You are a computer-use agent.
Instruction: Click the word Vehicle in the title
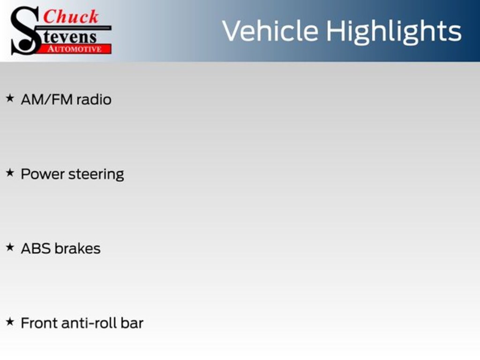tap(270, 30)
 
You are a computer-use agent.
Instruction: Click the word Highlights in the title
tap(394, 32)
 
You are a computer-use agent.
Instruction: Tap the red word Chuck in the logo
tap(71, 16)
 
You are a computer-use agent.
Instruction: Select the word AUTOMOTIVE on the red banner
tap(75, 49)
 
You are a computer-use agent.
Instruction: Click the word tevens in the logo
tap(69, 37)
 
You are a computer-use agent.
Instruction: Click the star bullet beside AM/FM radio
tap(10, 98)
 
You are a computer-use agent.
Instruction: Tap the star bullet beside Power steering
tap(10, 172)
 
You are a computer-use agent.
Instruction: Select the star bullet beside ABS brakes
tap(10, 247)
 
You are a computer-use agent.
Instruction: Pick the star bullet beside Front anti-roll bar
tap(10, 322)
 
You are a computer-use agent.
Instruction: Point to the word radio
tap(94, 99)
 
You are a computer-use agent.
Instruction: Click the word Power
tap(43, 174)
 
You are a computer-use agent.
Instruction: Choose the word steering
tap(96, 174)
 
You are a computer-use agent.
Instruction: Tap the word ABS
tap(36, 248)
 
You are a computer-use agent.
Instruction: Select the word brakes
tap(77, 248)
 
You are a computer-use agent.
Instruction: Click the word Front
tap(39, 323)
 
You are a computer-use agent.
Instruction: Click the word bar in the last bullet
tap(132, 323)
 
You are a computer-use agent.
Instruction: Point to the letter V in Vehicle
tap(232, 30)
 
